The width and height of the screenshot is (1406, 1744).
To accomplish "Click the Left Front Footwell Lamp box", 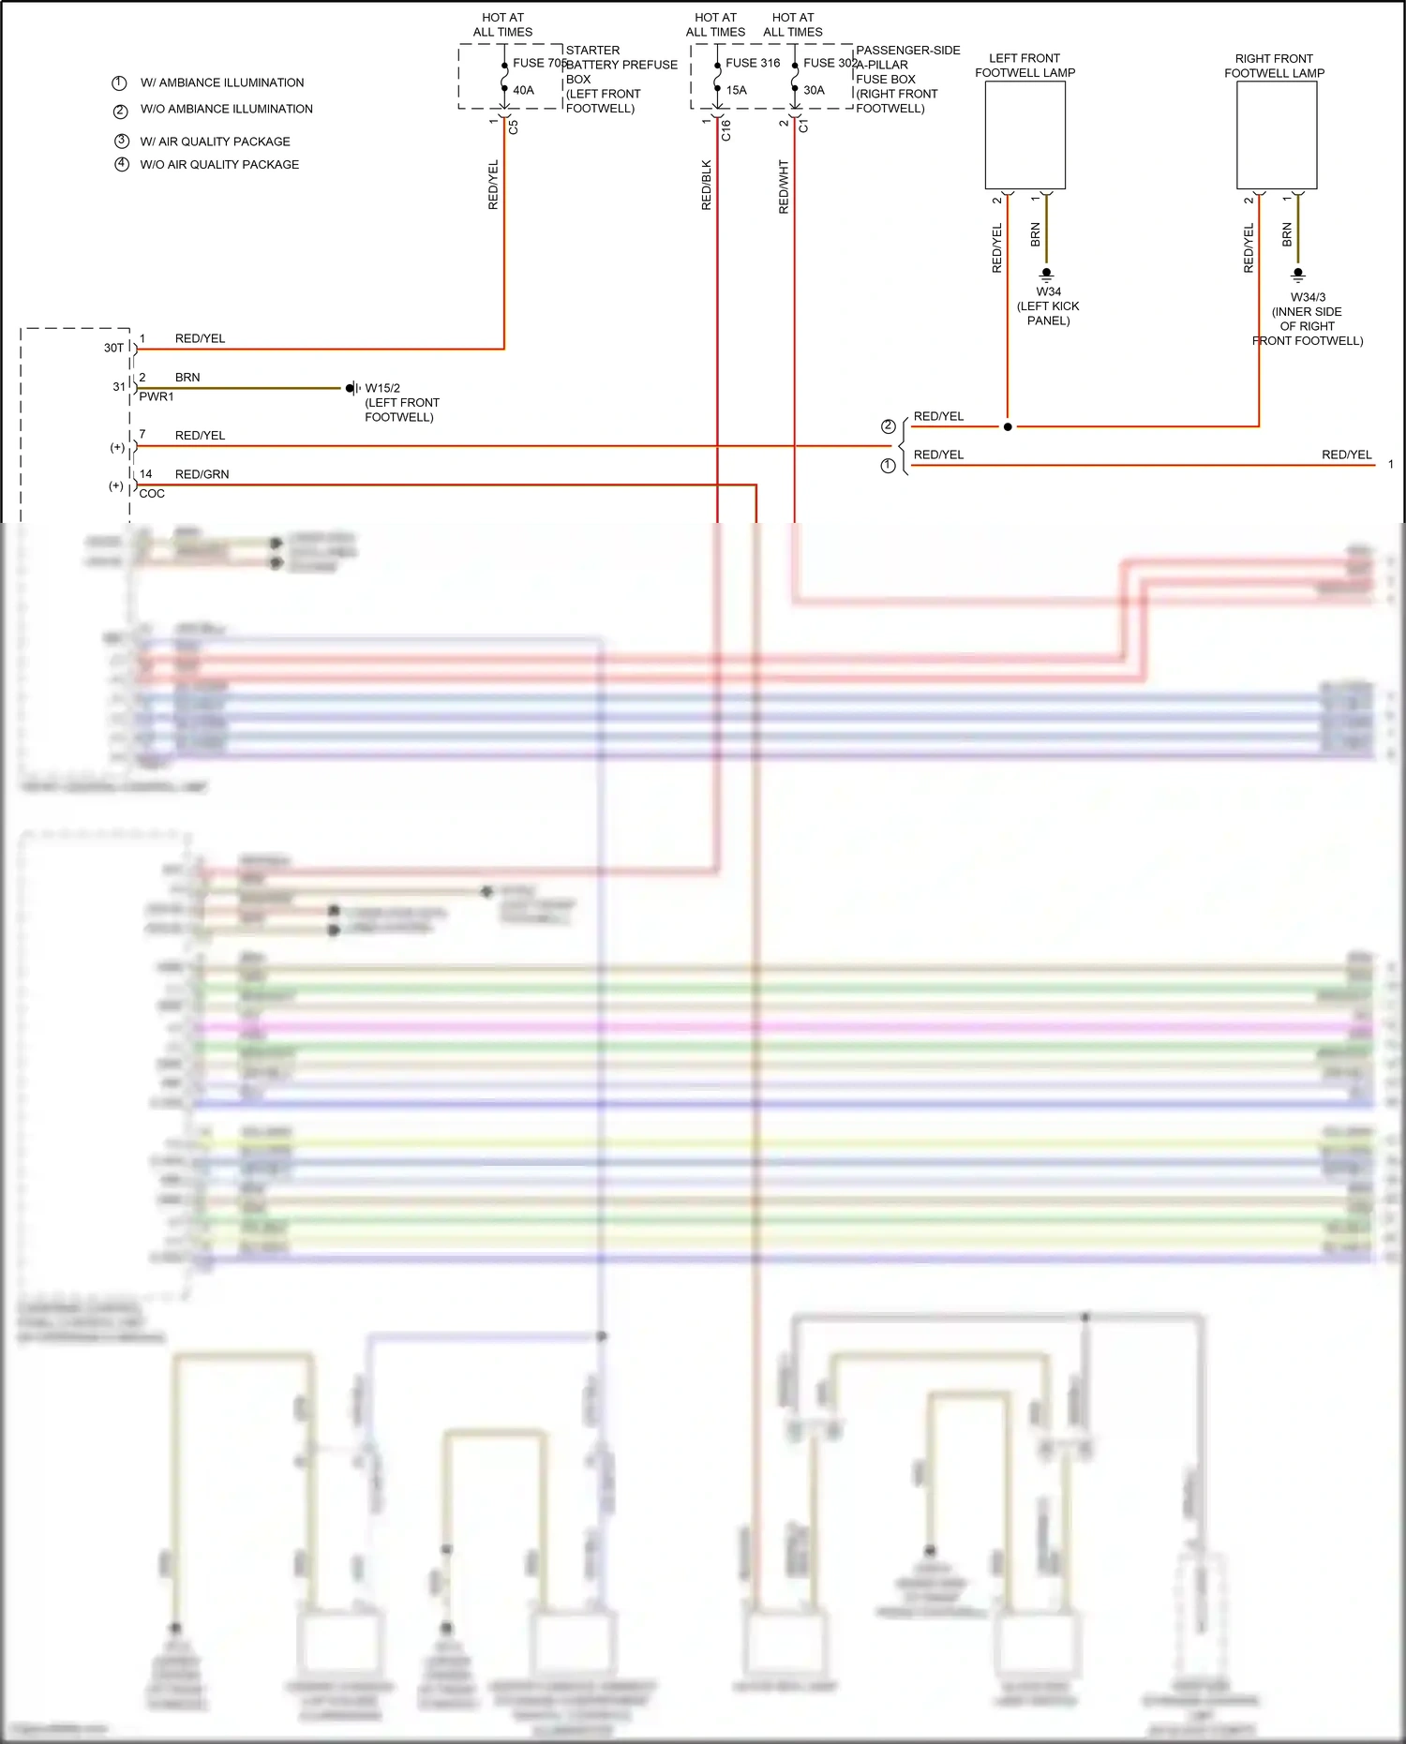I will point(1025,135).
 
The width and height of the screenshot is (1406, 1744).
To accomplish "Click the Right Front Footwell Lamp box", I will point(1276,135).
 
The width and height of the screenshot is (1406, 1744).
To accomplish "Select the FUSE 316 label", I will point(753,63).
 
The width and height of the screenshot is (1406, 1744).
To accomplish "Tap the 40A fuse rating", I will point(523,91).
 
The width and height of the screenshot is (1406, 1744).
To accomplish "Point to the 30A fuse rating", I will point(814,91).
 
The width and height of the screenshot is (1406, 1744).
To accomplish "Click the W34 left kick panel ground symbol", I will point(1047,275).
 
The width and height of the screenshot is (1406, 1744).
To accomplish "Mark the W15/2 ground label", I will point(382,388).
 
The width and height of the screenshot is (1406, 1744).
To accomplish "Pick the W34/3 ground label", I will point(1308,297).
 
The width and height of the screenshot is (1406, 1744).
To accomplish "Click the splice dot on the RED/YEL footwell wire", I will point(1008,427).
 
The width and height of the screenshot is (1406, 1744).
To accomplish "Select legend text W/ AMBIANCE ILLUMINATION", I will point(222,83).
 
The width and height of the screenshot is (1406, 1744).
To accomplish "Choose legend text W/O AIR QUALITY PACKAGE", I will point(219,165).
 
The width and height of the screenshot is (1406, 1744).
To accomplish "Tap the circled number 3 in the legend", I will point(121,142).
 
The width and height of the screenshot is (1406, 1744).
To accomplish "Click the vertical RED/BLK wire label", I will point(707,185).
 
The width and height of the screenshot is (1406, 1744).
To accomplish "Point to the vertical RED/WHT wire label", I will point(784,186).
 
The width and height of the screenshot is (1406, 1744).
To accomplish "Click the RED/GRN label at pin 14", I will point(202,474).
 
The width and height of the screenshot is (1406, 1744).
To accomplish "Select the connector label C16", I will point(725,130).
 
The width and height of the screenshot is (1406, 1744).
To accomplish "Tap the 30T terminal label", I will point(113,348).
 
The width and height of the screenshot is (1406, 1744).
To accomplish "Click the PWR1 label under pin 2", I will point(156,397).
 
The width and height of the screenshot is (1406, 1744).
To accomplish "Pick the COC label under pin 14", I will point(152,494).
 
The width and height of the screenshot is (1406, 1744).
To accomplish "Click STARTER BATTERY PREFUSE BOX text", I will point(620,65).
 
